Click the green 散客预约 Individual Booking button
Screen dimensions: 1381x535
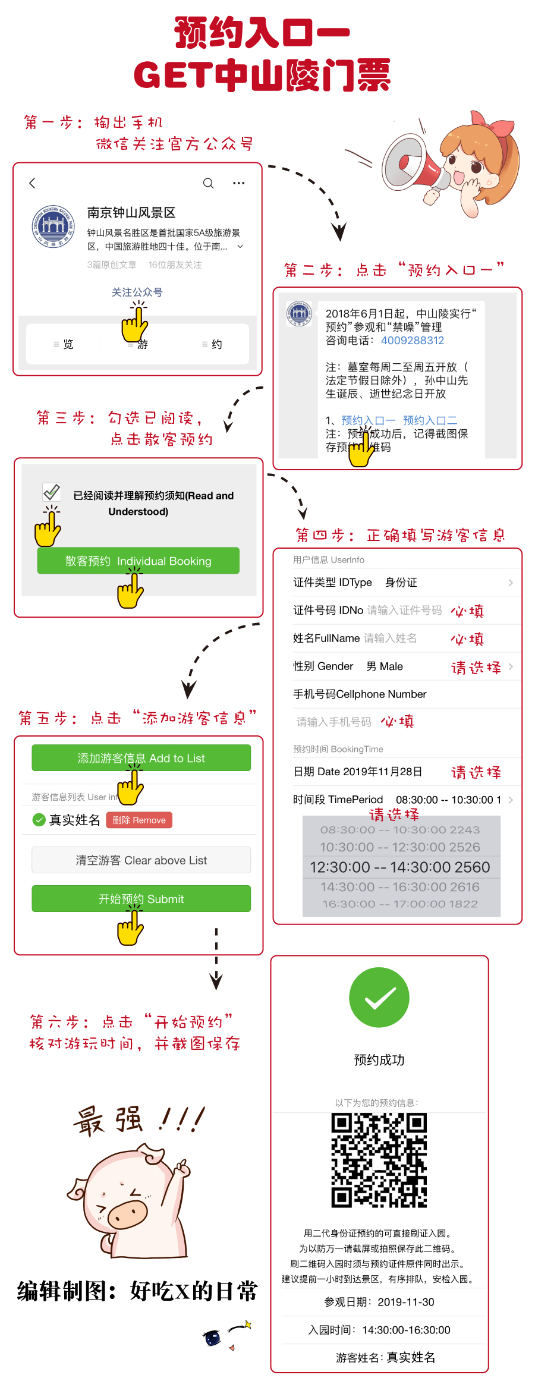138,561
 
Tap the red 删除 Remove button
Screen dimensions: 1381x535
139,820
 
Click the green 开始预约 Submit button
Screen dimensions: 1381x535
141,898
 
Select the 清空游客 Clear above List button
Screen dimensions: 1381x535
141,860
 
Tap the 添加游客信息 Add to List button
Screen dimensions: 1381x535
141,758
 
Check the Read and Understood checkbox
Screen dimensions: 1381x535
52,492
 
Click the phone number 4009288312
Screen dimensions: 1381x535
413,341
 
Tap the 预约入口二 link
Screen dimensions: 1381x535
430,420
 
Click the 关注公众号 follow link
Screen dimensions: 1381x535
137,292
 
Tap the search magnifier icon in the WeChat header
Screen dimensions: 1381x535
208,183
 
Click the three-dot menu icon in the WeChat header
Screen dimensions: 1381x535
238,183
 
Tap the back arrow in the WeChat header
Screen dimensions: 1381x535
33,183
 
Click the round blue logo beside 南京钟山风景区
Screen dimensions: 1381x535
53,226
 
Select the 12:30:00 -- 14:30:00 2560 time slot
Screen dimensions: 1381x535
399,867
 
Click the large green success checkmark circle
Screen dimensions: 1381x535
379,998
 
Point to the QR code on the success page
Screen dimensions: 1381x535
379,1160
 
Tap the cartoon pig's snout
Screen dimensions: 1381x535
127,1213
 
